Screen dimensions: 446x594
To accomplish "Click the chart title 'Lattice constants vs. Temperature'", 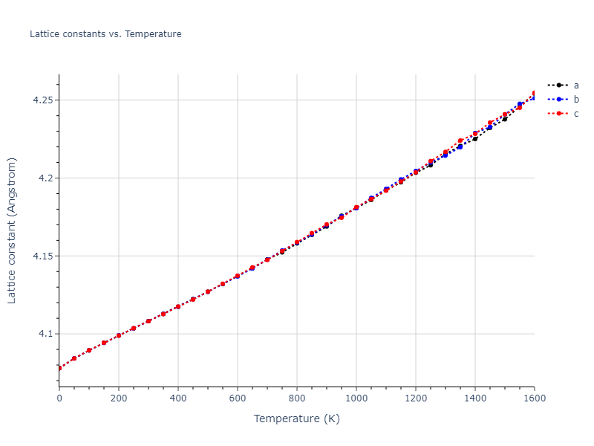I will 105,34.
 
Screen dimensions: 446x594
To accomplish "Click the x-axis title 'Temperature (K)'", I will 296,418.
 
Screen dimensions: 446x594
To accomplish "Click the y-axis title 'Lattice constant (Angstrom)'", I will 12,230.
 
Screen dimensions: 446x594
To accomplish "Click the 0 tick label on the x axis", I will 59,398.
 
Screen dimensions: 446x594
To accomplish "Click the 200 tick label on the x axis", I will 119,398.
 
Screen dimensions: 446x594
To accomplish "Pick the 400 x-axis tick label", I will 178,398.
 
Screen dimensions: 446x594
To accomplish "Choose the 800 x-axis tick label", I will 297,398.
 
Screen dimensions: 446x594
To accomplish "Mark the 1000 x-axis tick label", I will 356,398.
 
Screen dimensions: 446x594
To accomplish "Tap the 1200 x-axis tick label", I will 416,398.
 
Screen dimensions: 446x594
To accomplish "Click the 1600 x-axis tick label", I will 533,398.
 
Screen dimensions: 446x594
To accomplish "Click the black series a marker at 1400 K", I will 475,138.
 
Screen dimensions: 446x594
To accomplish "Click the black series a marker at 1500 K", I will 505,119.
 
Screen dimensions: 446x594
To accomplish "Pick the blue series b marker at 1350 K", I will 460,146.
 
